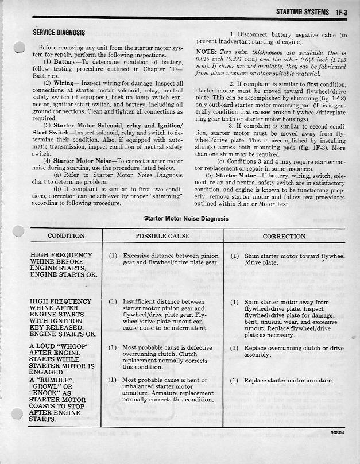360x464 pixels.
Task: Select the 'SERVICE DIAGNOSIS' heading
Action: (x=59, y=33)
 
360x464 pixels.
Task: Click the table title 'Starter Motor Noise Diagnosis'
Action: (x=186, y=219)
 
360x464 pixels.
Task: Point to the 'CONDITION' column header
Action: (x=65, y=236)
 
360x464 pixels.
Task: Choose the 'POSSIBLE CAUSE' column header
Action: (x=162, y=236)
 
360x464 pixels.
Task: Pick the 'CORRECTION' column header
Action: (x=284, y=236)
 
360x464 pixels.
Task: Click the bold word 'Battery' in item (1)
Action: (x=67, y=61)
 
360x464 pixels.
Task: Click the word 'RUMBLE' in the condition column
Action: (x=53, y=381)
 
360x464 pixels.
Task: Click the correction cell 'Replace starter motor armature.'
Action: (x=289, y=381)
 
